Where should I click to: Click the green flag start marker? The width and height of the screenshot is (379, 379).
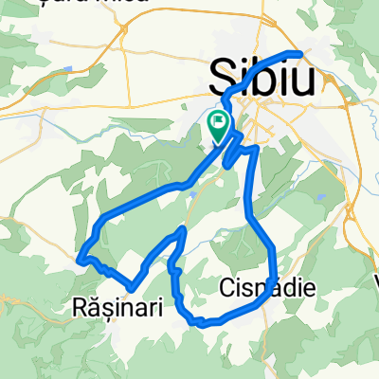[x=219, y=124]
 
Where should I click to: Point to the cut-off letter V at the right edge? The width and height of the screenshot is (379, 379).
[x=373, y=283]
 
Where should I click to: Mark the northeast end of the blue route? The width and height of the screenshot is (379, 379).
[x=301, y=53]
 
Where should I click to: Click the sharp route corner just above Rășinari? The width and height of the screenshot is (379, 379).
[x=132, y=285]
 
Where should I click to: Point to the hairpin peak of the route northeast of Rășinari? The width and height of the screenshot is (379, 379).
[x=180, y=230]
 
